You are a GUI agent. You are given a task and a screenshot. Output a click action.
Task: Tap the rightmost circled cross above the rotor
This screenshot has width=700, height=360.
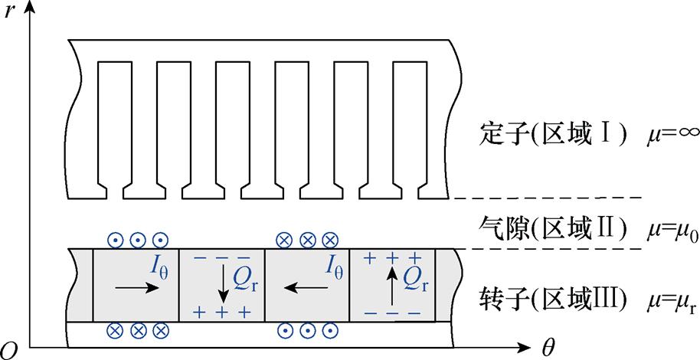pos(329,239)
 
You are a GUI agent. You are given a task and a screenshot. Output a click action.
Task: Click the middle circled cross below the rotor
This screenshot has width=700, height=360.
pos(138,331)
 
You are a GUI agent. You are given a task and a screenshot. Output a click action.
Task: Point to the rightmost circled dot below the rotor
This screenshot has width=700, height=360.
pos(331,331)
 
